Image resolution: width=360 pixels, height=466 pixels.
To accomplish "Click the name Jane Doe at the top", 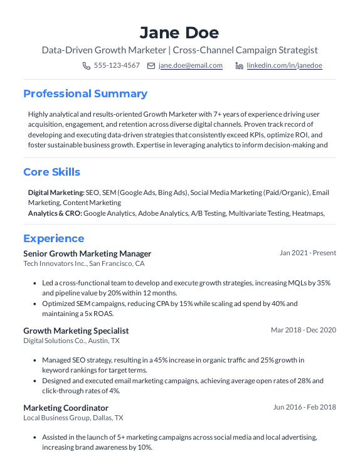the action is click(x=179, y=32).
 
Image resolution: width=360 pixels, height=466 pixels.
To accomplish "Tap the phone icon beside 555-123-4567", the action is click(x=87, y=65).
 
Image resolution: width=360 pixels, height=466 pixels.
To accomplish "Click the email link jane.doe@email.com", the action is click(x=191, y=65).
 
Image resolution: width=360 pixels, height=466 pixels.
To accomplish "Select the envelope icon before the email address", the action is click(x=151, y=65).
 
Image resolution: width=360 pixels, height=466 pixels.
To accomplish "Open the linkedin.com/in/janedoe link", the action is click(x=284, y=65).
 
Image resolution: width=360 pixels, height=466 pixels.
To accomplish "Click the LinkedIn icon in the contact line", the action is click(x=239, y=65).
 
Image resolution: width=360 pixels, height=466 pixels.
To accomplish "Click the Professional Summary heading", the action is click(x=85, y=93).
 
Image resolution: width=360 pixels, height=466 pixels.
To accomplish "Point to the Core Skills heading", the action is click(x=51, y=172).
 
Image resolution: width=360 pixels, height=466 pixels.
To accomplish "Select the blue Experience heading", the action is click(x=53, y=238).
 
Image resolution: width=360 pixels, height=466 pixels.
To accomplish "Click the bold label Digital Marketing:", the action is click(x=56, y=193).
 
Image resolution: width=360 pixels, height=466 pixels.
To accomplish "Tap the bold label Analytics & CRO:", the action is click(x=55, y=213).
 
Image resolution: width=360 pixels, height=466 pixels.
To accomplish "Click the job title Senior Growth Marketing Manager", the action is click(x=87, y=253).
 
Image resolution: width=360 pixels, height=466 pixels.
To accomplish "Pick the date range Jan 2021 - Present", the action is click(x=308, y=253).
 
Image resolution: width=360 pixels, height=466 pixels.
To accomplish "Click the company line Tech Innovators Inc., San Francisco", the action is click(x=84, y=264).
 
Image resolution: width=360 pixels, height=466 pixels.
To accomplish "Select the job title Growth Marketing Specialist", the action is click(x=76, y=331).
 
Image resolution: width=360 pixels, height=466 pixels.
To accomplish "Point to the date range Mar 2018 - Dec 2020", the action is click(x=304, y=330).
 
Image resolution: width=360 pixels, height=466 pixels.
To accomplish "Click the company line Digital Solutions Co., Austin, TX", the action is click(x=71, y=341).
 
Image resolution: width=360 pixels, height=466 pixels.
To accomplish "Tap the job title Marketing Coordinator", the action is click(x=66, y=408).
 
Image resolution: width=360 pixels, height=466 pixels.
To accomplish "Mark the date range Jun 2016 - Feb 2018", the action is click(x=305, y=407).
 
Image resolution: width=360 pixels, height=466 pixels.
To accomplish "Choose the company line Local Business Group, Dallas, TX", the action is click(x=73, y=418).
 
